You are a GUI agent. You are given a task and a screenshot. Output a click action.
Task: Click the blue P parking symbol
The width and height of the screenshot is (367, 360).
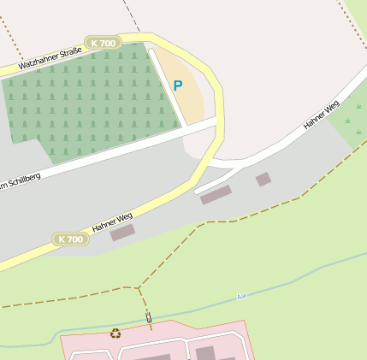coord(178,86)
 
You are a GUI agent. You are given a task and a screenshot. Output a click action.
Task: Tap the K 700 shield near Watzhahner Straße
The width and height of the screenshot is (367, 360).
coord(103,43)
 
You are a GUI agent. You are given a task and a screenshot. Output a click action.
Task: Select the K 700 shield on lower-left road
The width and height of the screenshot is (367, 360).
coord(71,239)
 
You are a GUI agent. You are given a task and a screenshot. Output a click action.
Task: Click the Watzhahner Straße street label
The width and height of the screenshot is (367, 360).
coord(50,60)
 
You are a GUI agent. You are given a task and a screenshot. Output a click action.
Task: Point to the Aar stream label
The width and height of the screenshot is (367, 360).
coord(241,296)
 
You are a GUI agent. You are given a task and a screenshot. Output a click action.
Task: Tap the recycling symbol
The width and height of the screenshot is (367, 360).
coord(115,333)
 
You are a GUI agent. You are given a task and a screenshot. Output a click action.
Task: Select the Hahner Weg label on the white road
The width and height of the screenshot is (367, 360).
coord(321,115)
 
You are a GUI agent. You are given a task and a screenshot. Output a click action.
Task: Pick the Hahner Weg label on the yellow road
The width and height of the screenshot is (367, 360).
coord(113,222)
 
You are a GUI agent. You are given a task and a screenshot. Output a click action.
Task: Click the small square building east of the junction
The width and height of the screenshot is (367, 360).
coord(263,179)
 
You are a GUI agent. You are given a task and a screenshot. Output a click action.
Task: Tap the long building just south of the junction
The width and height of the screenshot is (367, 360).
coord(216,195)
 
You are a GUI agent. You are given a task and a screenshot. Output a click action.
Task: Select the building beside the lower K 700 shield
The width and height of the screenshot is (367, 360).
coord(122,232)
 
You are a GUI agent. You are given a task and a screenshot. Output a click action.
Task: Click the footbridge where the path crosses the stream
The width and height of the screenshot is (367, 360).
coord(148,318)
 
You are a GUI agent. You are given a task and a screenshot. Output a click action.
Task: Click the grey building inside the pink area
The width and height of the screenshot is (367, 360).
coord(205,352)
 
